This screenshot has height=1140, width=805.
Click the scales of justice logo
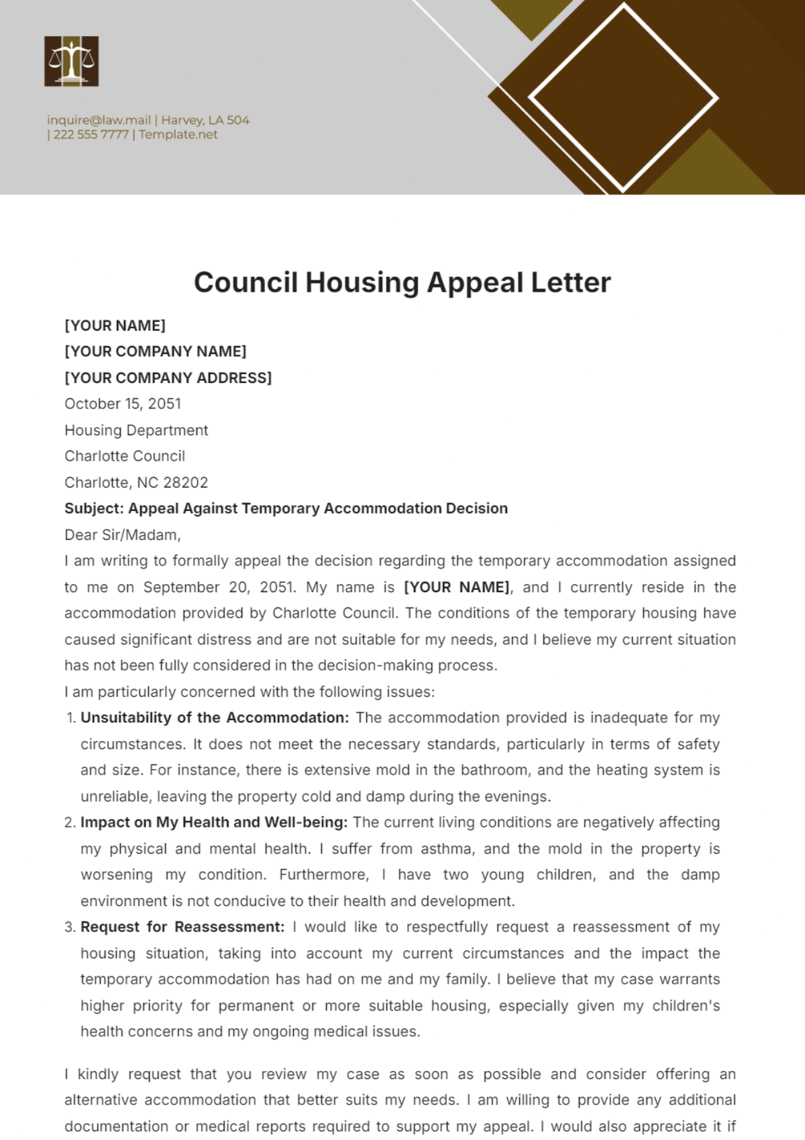point(71,61)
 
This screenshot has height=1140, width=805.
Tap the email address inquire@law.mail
point(99,120)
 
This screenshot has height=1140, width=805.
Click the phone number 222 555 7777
point(91,134)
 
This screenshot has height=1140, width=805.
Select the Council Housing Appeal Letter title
point(402,282)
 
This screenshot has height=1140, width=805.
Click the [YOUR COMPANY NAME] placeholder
point(156,351)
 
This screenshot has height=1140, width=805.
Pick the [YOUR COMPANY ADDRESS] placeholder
point(168,378)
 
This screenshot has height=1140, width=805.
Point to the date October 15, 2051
point(123,404)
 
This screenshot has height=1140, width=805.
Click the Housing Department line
point(136,430)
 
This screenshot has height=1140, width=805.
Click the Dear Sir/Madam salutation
point(123,534)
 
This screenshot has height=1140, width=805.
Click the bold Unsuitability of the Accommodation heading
point(215,718)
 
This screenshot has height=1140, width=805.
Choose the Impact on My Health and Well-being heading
point(214,822)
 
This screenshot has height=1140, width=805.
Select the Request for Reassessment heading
point(182,927)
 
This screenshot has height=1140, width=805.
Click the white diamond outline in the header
point(623,98)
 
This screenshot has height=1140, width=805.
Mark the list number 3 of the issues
point(70,927)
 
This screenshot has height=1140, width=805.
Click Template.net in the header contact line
point(178,134)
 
